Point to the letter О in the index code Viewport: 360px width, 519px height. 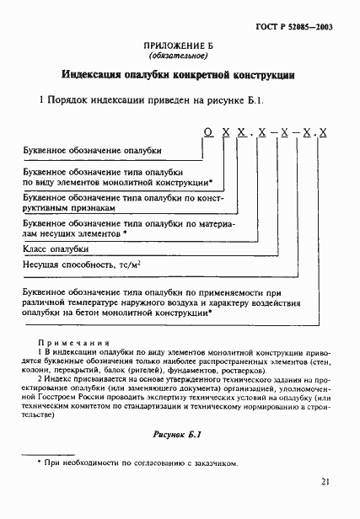[207, 132]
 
